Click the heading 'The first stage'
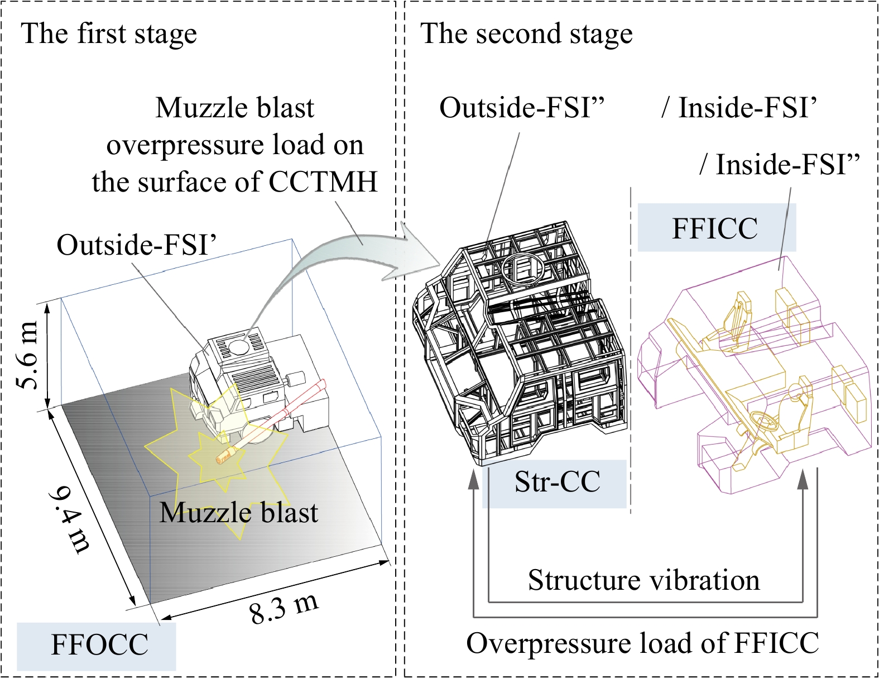click(109, 34)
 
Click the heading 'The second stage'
click(526, 34)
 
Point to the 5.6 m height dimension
click(29, 355)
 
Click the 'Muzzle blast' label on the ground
click(239, 513)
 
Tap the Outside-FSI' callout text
click(136, 244)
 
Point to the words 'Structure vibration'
click(643, 580)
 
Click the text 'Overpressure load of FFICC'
click(642, 643)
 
